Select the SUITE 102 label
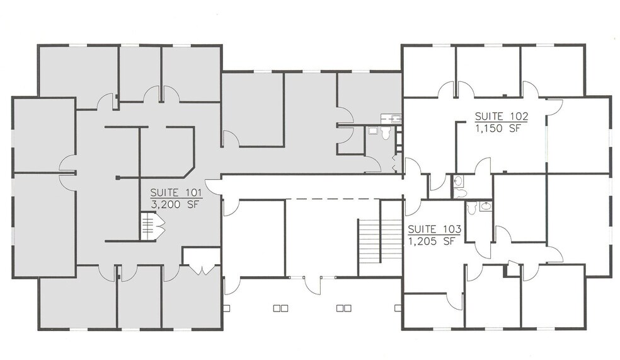point(501,117)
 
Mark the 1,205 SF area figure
point(432,240)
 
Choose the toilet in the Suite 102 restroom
point(459,182)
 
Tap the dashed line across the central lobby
point(321,200)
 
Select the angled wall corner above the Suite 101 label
point(188,172)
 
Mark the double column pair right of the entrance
point(343,308)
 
